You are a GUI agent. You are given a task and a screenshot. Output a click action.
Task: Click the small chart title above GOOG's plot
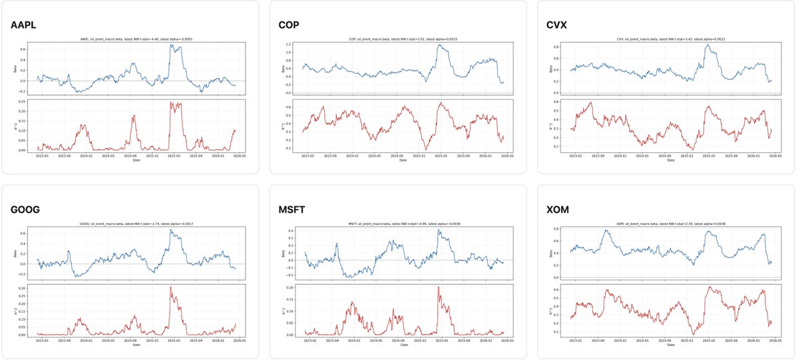[136, 224]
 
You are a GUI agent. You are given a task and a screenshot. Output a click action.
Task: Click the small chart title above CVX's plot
[670, 39]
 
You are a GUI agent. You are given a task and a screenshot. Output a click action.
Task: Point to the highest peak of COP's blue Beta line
[439, 45]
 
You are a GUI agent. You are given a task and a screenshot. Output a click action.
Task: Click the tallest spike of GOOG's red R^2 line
[170, 287]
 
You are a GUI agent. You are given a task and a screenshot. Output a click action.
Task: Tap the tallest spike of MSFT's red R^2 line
[439, 287]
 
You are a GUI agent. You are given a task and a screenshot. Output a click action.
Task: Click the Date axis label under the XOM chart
[670, 345]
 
